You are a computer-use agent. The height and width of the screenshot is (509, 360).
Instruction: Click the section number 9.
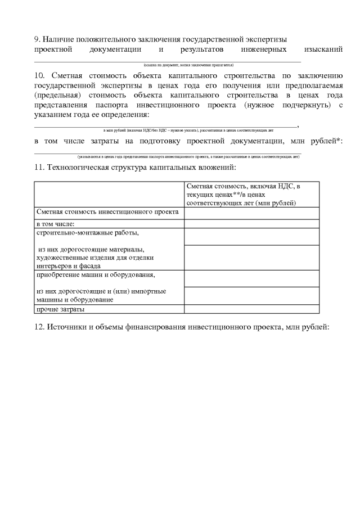click(x=37, y=39)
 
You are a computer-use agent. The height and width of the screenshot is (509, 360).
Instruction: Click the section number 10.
click(x=39, y=75)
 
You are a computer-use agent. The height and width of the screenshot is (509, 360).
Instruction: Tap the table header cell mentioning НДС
click(x=251, y=194)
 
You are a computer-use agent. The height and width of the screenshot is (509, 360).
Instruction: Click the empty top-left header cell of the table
click(x=109, y=194)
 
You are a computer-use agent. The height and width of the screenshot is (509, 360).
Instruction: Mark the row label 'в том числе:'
click(x=60, y=224)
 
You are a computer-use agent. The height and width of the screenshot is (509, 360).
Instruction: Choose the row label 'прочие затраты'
click(x=61, y=309)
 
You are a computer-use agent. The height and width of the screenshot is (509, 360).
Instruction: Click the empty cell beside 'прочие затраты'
click(x=251, y=309)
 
